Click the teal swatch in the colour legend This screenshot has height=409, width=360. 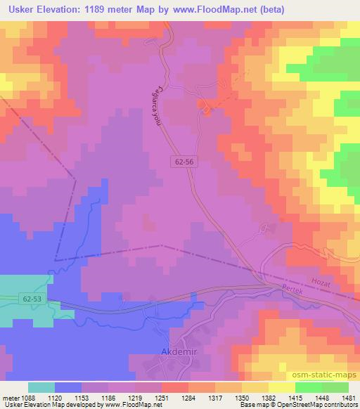[x=41, y=387]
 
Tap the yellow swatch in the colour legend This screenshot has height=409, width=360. [x=282, y=387]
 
